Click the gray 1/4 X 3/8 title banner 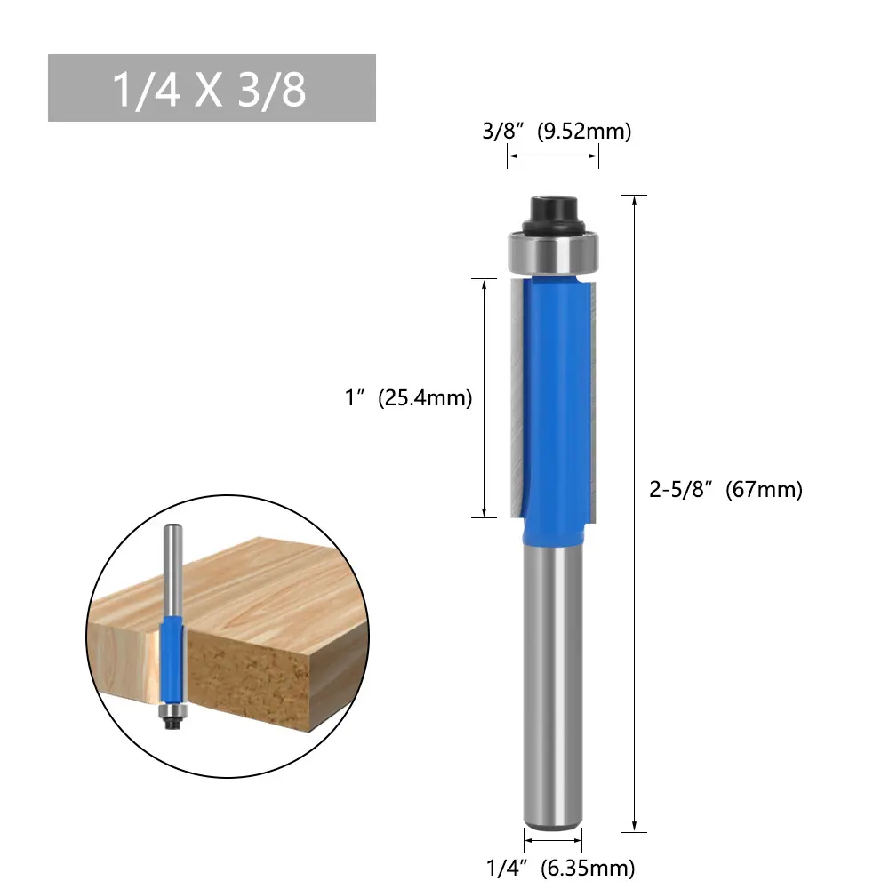coord(212,88)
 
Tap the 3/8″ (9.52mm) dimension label coord(557,131)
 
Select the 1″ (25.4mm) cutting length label coord(408,397)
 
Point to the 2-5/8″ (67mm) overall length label coord(725,489)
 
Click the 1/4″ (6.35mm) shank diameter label coord(560,868)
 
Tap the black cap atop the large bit coord(553,214)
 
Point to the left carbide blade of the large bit coord(517,396)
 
